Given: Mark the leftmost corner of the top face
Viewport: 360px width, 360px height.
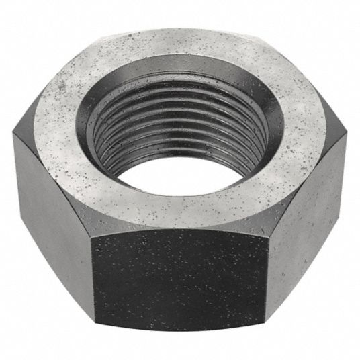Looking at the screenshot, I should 13,131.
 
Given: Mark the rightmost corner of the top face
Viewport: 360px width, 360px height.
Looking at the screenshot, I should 347,132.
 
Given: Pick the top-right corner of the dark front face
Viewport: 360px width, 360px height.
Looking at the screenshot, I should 269,228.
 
